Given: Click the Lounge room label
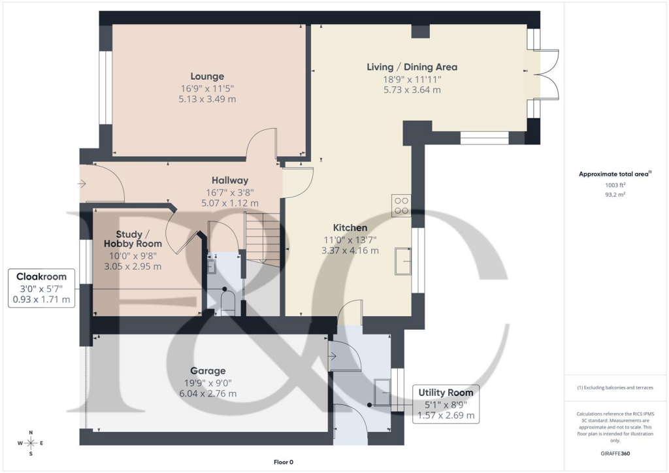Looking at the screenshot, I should click(x=207, y=76).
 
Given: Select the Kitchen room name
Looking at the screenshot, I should click(x=351, y=227).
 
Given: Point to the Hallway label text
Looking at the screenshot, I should click(x=229, y=180).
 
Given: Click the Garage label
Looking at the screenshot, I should click(x=207, y=370).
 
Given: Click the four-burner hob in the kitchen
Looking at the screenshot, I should click(x=400, y=206).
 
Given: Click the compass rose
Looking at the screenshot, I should click(x=31, y=444).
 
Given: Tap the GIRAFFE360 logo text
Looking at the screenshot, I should click(x=616, y=453).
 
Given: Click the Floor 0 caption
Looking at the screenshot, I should click(x=284, y=463).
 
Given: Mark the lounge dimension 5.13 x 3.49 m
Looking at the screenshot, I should click(x=207, y=99).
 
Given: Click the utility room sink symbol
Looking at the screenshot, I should click(x=382, y=392).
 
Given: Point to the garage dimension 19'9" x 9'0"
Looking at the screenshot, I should click(x=207, y=383).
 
